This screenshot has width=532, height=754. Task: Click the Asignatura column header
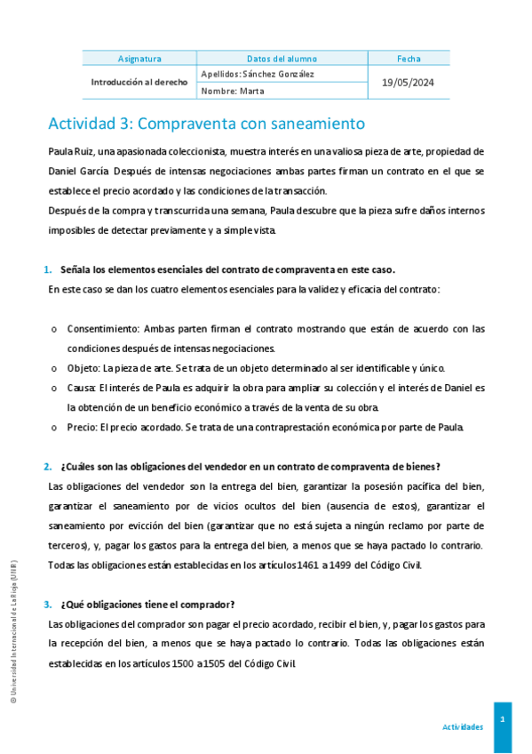[139, 59]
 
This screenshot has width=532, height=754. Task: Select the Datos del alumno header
[282, 59]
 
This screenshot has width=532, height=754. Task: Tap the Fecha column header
[409, 59]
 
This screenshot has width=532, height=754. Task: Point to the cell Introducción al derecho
[139, 82]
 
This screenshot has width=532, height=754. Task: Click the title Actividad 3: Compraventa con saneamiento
[206, 123]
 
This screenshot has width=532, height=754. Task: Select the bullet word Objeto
[83, 368]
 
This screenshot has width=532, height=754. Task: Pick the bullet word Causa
[82, 388]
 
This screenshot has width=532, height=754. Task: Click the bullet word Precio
[83, 427]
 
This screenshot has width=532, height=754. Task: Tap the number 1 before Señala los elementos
[47, 269]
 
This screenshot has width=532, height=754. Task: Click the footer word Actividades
[463, 727]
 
